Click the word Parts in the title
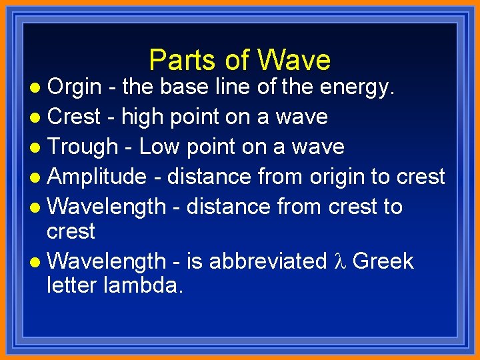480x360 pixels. click(176, 60)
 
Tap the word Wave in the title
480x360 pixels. click(294, 60)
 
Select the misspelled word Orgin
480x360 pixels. click(74, 87)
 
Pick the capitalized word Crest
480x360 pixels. click(74, 117)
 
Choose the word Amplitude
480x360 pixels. click(97, 177)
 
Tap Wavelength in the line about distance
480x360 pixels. click(107, 207)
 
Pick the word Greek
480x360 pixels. click(383, 261)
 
